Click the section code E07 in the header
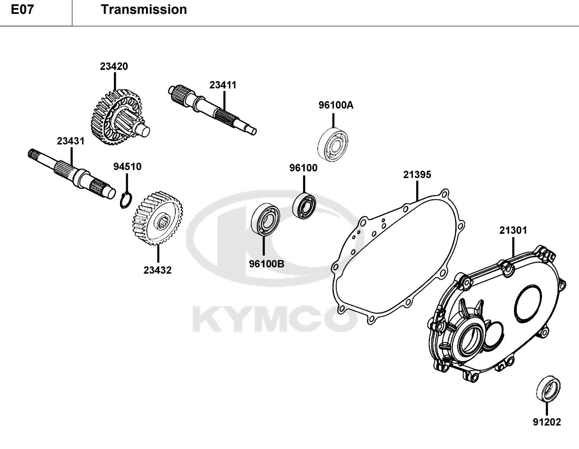click(x=22, y=9)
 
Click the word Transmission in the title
click(x=144, y=9)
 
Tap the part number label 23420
click(x=114, y=66)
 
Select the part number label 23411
click(x=223, y=85)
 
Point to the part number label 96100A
click(x=336, y=105)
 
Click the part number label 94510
click(x=127, y=167)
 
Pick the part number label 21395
click(x=417, y=175)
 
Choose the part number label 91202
click(x=546, y=422)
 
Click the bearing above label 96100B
click(x=266, y=220)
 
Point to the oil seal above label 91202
click(x=548, y=389)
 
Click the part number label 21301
click(x=513, y=231)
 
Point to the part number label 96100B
click(x=266, y=264)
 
